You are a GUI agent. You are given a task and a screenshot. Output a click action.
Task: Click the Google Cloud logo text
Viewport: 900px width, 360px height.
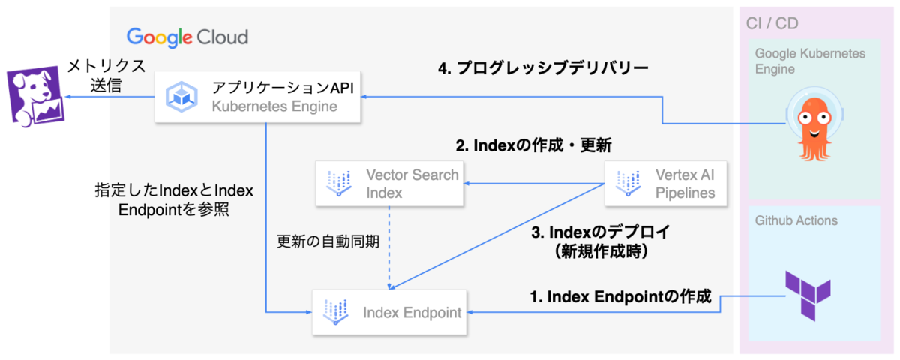pos(187,37)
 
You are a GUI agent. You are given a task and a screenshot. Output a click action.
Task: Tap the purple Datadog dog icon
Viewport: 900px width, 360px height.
pos(34,96)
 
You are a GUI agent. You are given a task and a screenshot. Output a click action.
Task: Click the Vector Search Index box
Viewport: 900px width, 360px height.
pos(389,184)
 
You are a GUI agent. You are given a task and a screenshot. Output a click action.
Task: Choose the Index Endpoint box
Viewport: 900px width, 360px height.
pos(389,311)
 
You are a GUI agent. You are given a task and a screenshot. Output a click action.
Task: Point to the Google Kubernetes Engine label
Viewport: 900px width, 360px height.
pos(810,61)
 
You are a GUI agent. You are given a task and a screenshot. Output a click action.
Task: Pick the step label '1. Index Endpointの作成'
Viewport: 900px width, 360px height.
pos(619,297)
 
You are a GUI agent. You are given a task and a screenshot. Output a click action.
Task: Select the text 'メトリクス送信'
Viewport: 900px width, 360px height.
pos(95,75)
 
